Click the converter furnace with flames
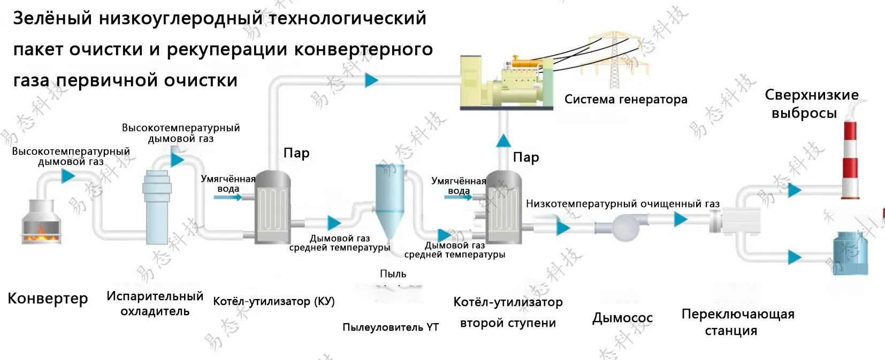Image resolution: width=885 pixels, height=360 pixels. point(41,222)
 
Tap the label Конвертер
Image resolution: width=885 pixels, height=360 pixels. point(48,298)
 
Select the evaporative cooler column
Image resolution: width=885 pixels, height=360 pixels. point(156,206)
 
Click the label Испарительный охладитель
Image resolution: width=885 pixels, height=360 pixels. point(155,303)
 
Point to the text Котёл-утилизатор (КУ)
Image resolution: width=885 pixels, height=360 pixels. point(273,301)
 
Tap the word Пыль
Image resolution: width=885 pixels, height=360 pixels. point(393,274)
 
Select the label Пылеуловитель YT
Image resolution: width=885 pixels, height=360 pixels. point(390,327)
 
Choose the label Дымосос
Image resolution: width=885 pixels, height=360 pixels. point(622,318)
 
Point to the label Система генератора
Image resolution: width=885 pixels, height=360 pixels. point(625,99)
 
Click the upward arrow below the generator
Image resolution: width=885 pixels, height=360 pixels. point(503,141)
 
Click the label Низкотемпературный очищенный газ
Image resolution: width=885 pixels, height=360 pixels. point(622,204)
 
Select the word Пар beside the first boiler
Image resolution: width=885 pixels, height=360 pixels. point(296,153)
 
